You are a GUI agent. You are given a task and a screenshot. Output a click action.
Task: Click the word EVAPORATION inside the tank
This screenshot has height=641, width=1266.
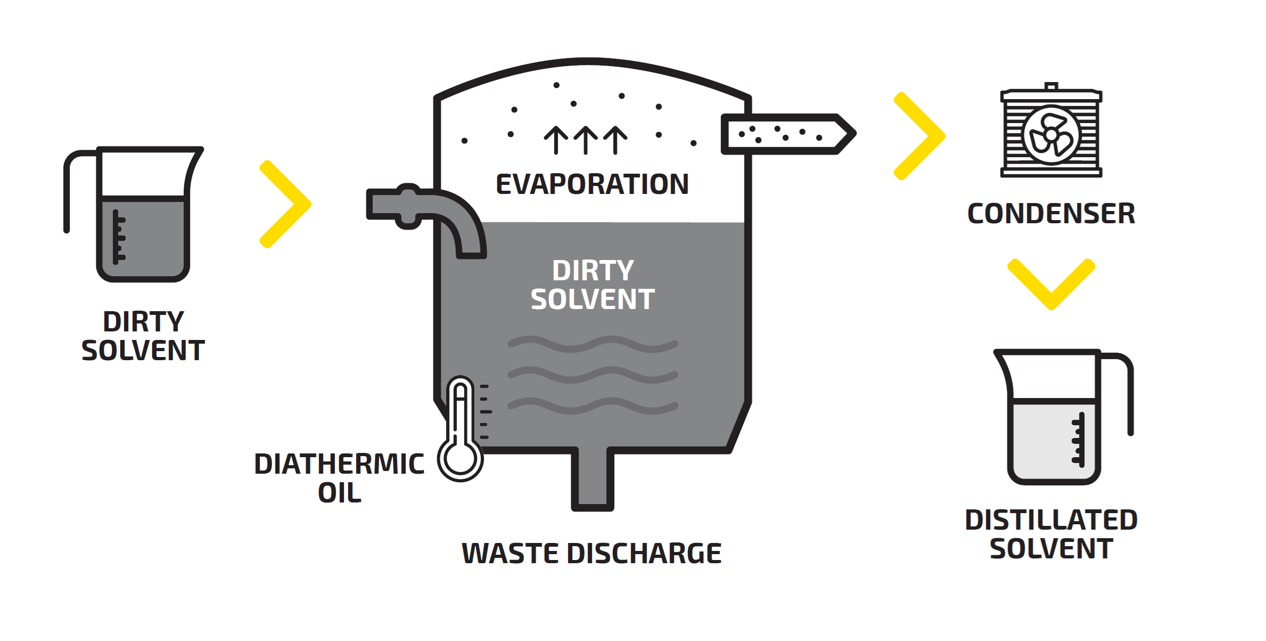coord(592,184)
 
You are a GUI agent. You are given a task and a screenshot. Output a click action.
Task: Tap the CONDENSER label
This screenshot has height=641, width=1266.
coord(1051,214)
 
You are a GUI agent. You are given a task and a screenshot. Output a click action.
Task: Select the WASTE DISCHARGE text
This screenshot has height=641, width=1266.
coord(591,553)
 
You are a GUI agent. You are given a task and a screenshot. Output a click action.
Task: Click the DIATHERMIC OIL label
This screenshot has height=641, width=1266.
coord(340,477)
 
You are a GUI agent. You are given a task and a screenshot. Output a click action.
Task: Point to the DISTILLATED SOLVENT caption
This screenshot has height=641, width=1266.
coord(1051,534)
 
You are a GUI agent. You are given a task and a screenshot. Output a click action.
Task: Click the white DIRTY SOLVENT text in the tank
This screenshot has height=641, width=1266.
coord(593,285)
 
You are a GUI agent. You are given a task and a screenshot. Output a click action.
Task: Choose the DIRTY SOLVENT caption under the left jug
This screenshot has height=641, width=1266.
coord(143,336)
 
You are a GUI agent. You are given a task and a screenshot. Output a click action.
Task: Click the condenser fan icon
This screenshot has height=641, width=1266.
coord(1051,135)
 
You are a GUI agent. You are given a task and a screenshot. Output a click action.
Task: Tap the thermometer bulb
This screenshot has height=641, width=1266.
coord(461,459)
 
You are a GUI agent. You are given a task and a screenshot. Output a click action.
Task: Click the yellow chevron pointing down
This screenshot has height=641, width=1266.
coord(1051,286)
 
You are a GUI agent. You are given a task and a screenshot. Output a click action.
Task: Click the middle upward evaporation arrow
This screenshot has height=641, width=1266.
coord(586,140)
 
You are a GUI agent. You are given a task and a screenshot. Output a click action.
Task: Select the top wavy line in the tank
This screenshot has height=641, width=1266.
coord(593,344)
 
